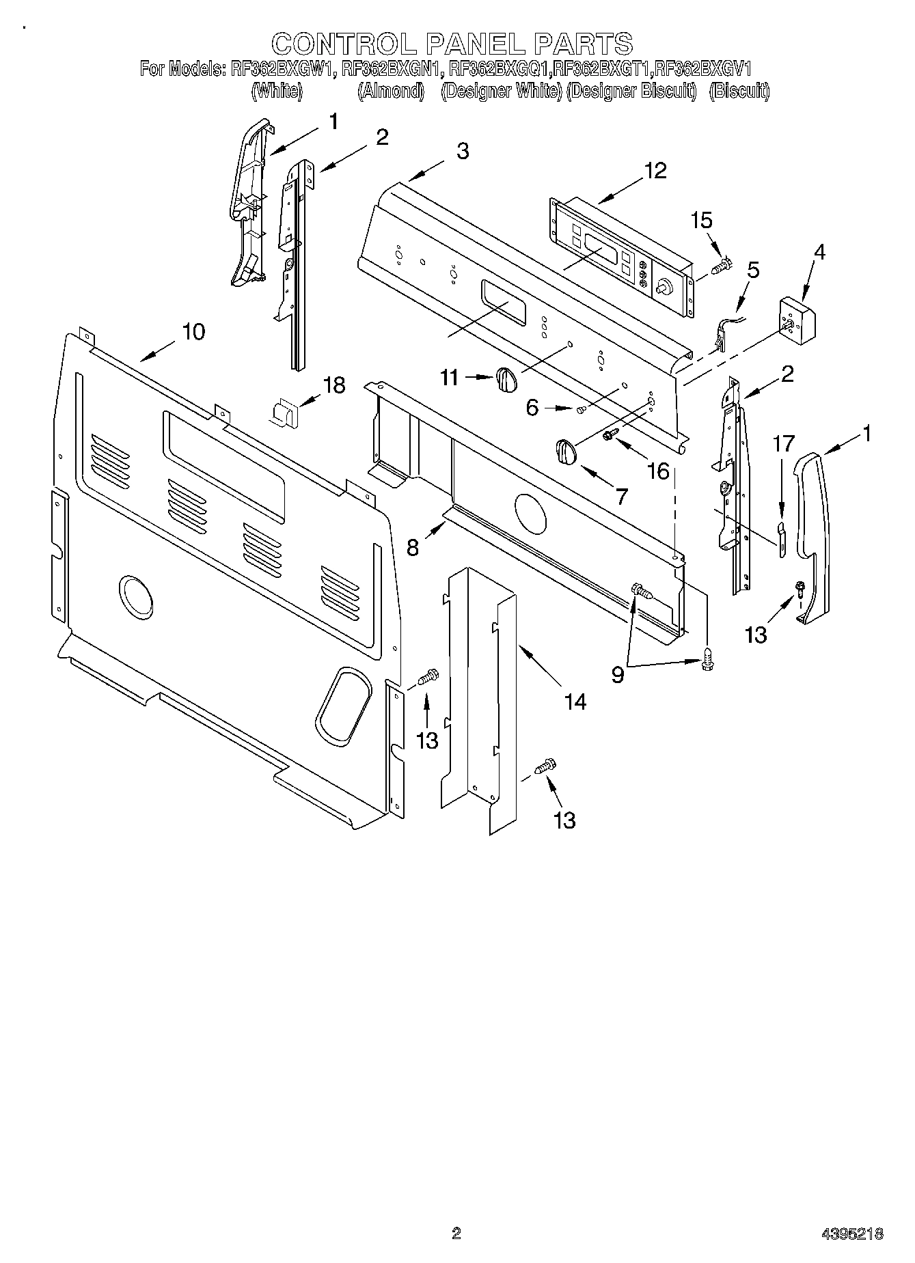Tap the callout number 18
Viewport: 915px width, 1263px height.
click(x=333, y=385)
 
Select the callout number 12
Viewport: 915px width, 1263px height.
click(x=654, y=170)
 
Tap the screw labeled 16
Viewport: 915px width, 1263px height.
click(x=611, y=433)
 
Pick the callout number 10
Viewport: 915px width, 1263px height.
click(x=193, y=332)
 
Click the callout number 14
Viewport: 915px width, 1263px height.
click(x=575, y=701)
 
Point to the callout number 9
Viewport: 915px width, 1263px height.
click(x=617, y=675)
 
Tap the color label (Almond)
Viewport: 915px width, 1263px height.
click(x=392, y=91)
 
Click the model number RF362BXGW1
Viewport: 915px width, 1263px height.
click(x=279, y=68)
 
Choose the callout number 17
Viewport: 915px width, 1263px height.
click(x=784, y=444)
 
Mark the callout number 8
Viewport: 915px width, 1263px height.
click(x=413, y=547)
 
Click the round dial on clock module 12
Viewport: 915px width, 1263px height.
click(x=662, y=288)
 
